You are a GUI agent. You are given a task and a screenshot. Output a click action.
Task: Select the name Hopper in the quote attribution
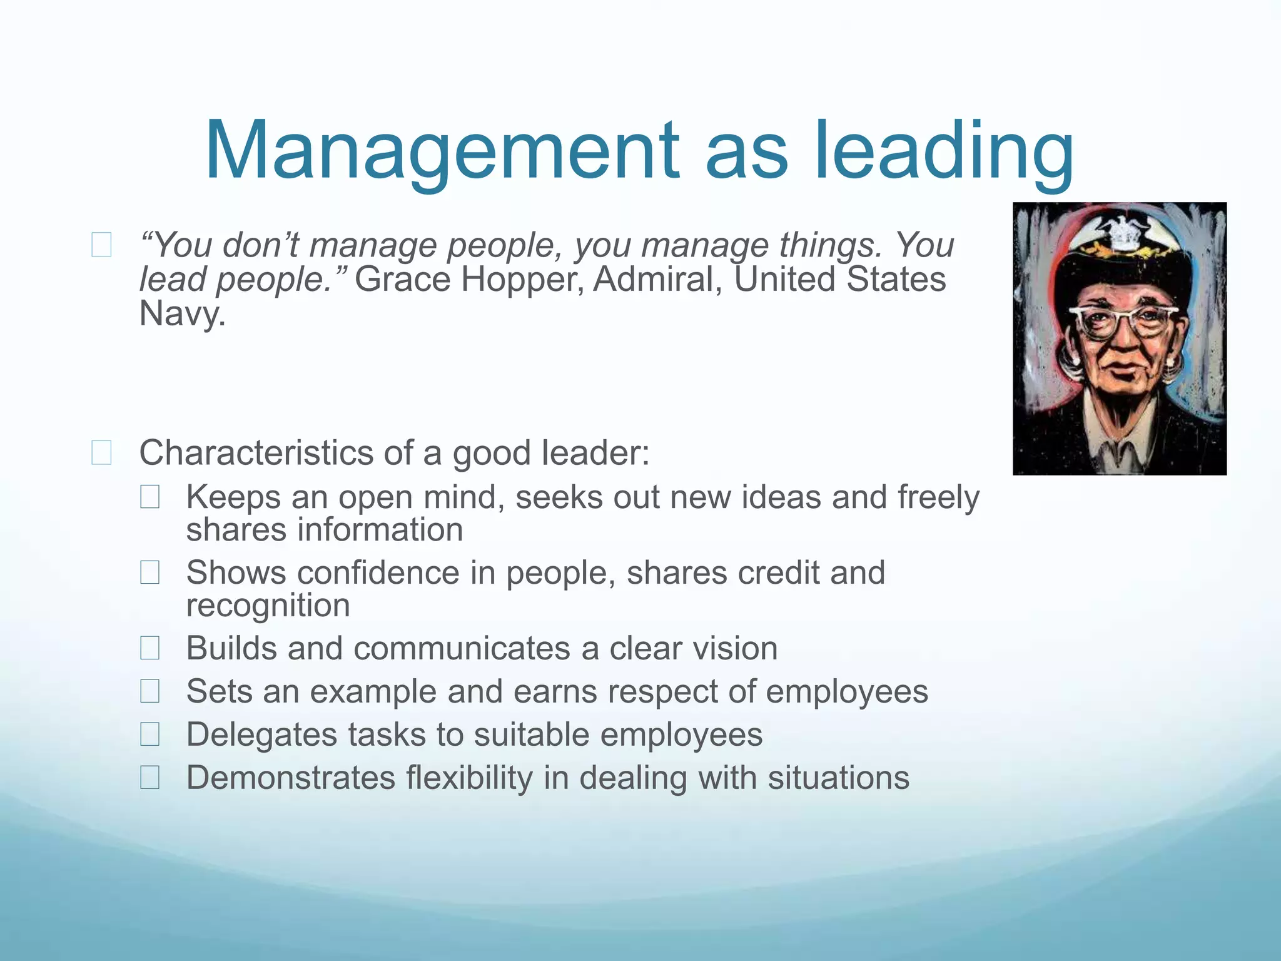522,279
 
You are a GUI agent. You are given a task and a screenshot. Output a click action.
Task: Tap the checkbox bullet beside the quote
101,245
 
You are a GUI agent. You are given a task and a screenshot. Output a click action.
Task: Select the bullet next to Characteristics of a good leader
101,452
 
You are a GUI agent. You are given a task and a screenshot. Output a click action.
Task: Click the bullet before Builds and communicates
150,648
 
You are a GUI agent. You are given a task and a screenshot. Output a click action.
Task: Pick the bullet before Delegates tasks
150,735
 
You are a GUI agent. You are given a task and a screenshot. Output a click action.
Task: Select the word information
380,530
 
